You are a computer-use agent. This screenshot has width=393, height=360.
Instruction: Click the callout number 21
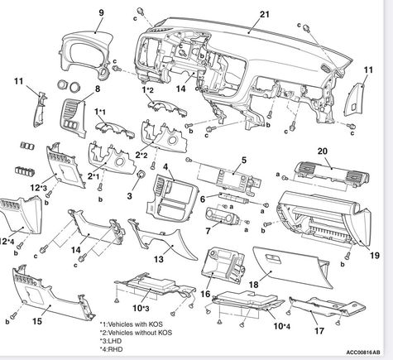click(x=265, y=14)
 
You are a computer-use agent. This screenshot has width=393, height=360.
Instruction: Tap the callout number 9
click(x=101, y=12)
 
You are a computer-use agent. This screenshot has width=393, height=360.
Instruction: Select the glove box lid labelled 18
click(x=291, y=267)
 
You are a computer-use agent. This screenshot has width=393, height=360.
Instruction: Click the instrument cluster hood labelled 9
click(x=85, y=51)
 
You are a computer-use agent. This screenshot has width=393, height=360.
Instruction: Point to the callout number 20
click(x=323, y=151)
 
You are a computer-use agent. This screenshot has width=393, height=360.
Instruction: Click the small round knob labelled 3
click(x=141, y=175)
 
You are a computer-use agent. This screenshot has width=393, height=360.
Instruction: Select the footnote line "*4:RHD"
click(x=111, y=349)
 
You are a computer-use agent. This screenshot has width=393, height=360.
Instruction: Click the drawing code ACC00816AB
click(x=363, y=353)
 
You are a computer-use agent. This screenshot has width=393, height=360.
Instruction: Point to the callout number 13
click(x=159, y=259)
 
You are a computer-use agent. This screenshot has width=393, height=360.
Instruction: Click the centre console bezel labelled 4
click(x=173, y=196)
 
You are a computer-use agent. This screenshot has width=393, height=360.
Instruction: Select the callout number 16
click(x=205, y=294)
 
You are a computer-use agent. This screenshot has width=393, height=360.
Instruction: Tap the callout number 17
click(x=319, y=330)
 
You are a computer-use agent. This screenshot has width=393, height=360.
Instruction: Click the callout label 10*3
click(x=141, y=308)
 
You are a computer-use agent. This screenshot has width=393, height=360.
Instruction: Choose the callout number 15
click(x=37, y=321)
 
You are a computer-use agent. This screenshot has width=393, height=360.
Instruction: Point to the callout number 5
click(x=244, y=160)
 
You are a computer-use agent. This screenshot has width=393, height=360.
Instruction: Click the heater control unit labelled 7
click(x=223, y=216)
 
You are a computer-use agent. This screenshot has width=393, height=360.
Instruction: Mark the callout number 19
click(x=375, y=256)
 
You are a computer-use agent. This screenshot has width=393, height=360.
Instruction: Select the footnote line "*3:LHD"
click(x=111, y=341)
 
